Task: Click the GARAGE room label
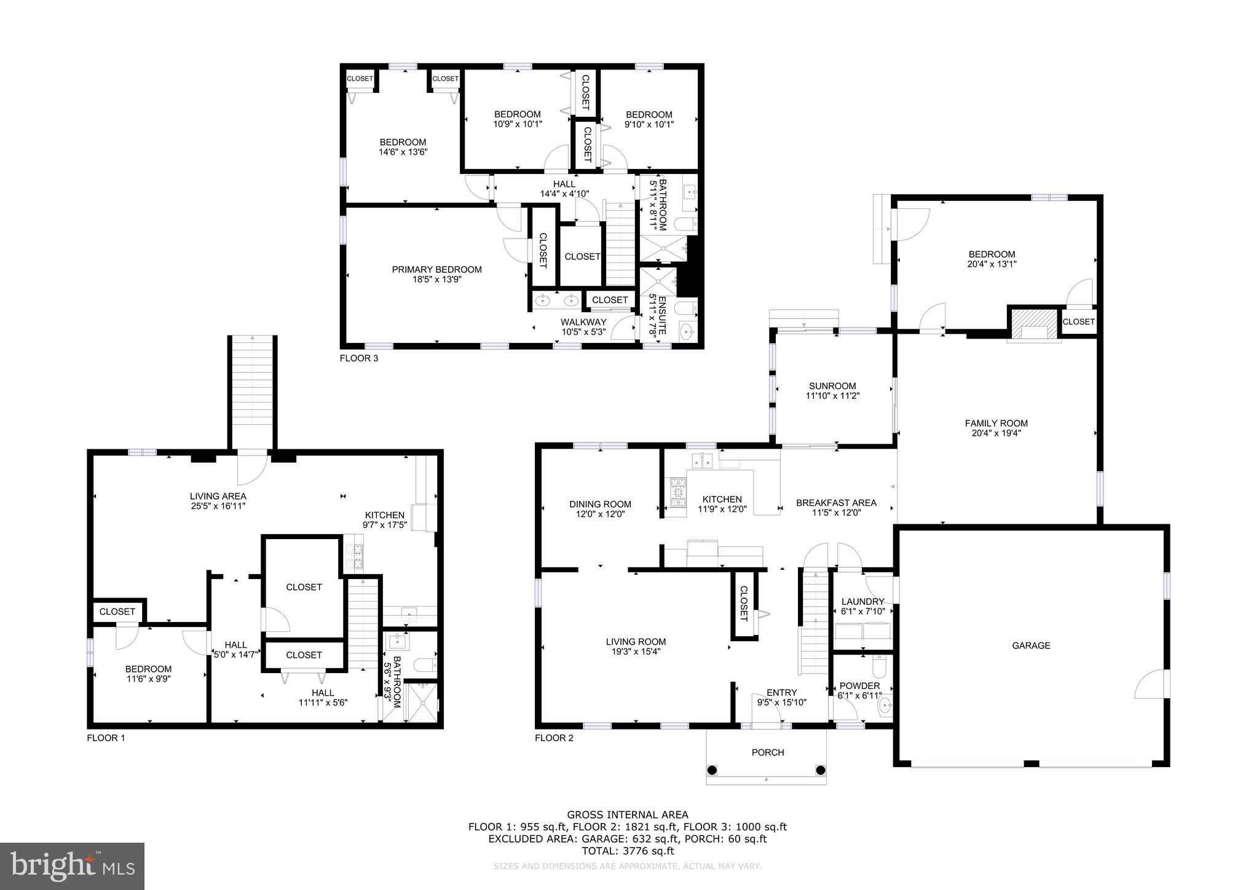(x=1031, y=645)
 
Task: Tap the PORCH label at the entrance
(x=768, y=752)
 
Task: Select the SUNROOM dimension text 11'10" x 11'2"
(x=832, y=396)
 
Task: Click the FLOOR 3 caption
(x=359, y=358)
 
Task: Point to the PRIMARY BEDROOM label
(x=436, y=269)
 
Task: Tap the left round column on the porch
(x=712, y=770)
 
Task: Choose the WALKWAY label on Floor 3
(x=583, y=322)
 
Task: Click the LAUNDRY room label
(x=862, y=601)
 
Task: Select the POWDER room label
(x=859, y=686)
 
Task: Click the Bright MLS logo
(x=72, y=866)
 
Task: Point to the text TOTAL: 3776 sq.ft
(x=628, y=851)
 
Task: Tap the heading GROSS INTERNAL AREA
(x=628, y=815)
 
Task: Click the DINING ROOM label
(x=600, y=504)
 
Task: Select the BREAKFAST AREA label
(x=836, y=503)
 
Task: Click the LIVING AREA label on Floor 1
(x=218, y=496)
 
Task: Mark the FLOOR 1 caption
(x=106, y=738)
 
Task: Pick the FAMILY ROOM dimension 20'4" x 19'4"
(x=996, y=433)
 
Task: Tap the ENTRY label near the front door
(x=781, y=692)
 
